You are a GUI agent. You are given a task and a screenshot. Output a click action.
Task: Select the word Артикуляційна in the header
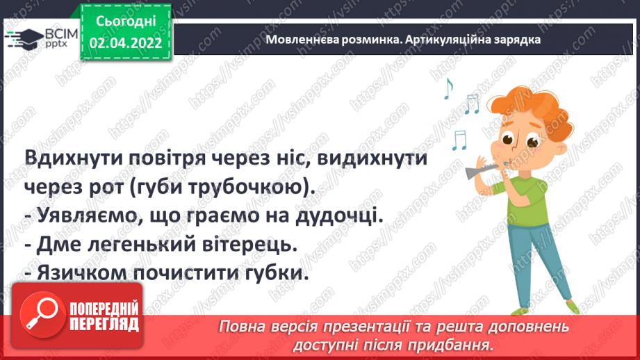437,40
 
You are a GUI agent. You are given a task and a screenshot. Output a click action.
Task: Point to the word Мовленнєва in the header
297,40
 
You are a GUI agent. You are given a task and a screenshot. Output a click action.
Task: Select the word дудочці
341,216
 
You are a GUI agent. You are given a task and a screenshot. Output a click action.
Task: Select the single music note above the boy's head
448,88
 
